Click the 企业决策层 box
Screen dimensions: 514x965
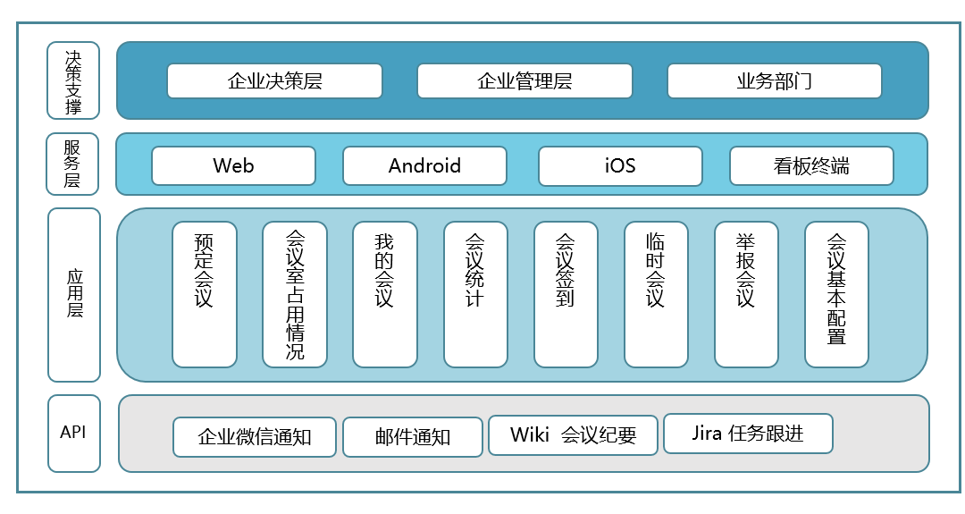tap(274, 81)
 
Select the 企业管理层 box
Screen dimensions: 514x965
tap(524, 81)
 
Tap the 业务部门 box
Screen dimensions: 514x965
tap(774, 81)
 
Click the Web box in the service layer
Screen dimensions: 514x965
tap(233, 166)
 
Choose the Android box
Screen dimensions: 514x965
tap(424, 166)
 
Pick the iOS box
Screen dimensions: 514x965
tap(619, 166)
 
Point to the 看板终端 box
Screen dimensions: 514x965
tap(811, 166)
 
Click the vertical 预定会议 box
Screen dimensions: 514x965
tap(205, 294)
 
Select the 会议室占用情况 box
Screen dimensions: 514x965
tap(295, 294)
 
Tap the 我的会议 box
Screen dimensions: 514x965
tap(384, 294)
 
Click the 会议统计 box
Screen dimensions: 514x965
tap(475, 294)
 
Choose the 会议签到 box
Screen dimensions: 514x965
tap(566, 294)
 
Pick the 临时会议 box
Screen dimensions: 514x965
tap(656, 294)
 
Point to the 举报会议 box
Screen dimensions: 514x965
tap(746, 294)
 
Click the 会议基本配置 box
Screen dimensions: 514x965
tap(836, 294)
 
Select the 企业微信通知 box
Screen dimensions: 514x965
tap(255, 437)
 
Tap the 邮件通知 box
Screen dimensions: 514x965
tap(413, 437)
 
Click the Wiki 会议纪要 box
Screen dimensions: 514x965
tap(573, 435)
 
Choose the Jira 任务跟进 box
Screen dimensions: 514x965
tap(748, 434)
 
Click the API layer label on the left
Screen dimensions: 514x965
tap(73, 433)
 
